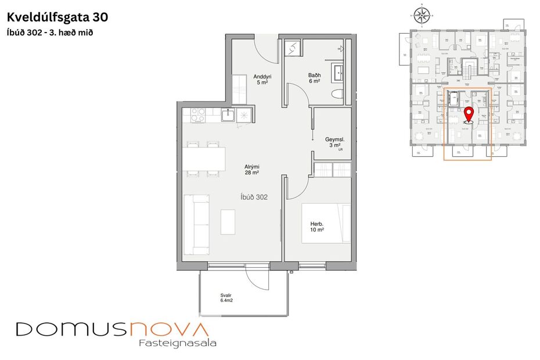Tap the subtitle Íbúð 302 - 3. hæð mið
click(x=51, y=33)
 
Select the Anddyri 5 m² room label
click(x=262, y=80)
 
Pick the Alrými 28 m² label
click(x=251, y=170)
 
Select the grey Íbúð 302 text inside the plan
click(x=254, y=197)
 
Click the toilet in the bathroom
click(x=335, y=94)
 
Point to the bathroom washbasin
click(x=337, y=73)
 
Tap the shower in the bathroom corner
click(x=293, y=48)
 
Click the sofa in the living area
click(x=196, y=224)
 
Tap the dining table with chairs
click(x=204, y=159)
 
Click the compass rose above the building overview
click(x=422, y=14)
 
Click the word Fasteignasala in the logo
click(x=178, y=343)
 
